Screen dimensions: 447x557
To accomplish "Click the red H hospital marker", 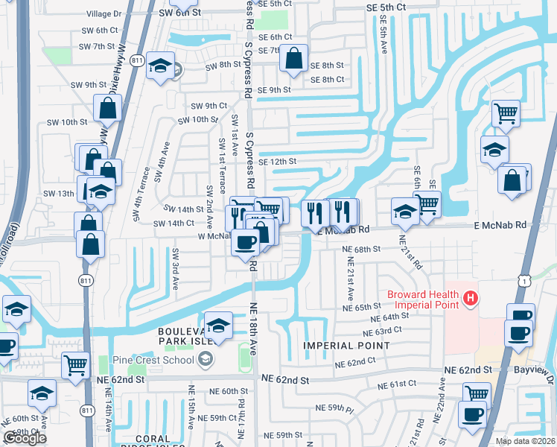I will pos(470,299).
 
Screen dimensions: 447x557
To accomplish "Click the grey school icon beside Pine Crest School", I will pos(204,361).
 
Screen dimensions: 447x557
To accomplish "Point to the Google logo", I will pos(25,438).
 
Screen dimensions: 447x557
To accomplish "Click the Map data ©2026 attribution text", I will pos(525,441).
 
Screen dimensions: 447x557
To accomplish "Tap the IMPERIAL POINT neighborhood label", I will pos(346,346).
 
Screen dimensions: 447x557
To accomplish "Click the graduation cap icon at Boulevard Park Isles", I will pos(218,325).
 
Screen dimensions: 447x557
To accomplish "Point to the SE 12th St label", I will pos(277,162).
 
